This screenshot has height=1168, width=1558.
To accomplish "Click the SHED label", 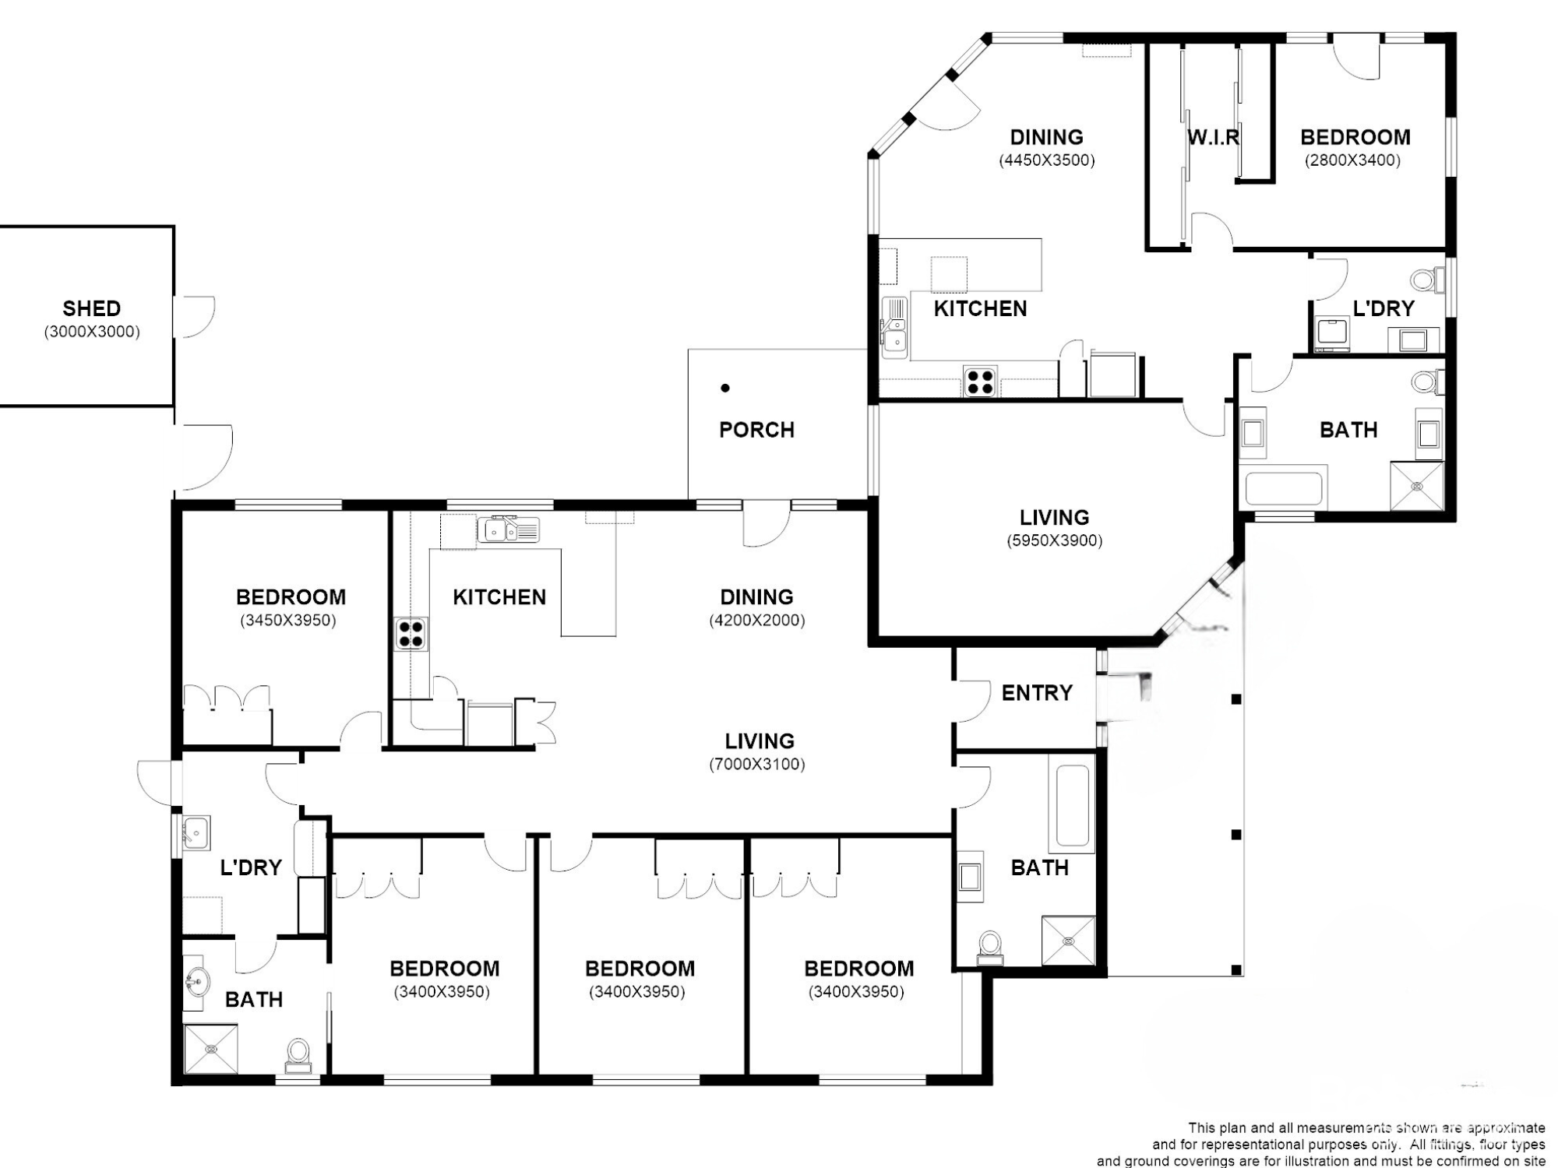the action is pyautogui.click(x=91, y=308).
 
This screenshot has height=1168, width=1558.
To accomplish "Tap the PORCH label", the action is pyautogui.click(x=756, y=430).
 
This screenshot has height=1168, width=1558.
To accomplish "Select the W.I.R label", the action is pyautogui.click(x=1213, y=138).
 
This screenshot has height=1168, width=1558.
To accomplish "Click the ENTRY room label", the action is pyautogui.click(x=1037, y=692).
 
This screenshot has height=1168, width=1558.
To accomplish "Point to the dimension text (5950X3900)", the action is pyautogui.click(x=1054, y=540).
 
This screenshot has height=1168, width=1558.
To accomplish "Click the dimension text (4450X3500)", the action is pyautogui.click(x=1047, y=160).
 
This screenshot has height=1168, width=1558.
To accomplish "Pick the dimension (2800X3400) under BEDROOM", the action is pyautogui.click(x=1353, y=160).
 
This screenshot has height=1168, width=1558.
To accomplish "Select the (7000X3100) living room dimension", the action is pyautogui.click(x=756, y=764).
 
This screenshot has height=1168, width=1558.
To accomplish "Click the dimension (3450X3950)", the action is pyautogui.click(x=288, y=621).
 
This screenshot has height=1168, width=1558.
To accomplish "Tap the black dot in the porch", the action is pyautogui.click(x=725, y=388).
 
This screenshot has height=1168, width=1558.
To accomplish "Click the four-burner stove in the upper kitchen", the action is pyautogui.click(x=980, y=381).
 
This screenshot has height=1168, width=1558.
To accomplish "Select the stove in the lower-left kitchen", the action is pyautogui.click(x=411, y=633).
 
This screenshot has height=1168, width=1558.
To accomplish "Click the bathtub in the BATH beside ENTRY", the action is pyautogui.click(x=1072, y=806).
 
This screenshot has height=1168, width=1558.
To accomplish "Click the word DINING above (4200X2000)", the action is pyautogui.click(x=756, y=597).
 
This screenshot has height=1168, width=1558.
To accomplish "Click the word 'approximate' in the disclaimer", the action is pyautogui.click(x=1506, y=1128).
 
